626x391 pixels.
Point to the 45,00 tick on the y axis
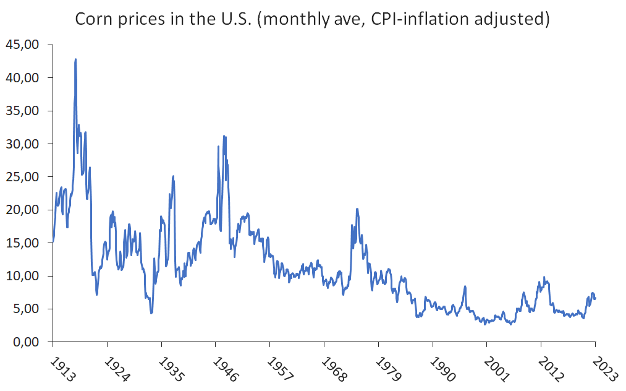coord(22,45)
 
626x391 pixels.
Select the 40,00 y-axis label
coord(22,78)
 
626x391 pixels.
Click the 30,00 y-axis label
coord(22,144)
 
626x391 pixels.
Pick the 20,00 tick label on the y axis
coord(22,210)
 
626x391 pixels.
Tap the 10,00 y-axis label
coord(22,276)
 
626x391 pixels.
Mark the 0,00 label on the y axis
coord(25,342)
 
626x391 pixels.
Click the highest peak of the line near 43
coord(75,59)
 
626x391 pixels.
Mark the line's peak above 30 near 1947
coord(224,136)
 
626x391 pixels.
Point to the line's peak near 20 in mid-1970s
coord(357,209)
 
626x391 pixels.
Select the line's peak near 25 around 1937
coord(174,176)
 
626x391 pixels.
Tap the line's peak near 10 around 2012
coord(544,277)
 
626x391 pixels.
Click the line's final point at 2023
coord(596,298)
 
